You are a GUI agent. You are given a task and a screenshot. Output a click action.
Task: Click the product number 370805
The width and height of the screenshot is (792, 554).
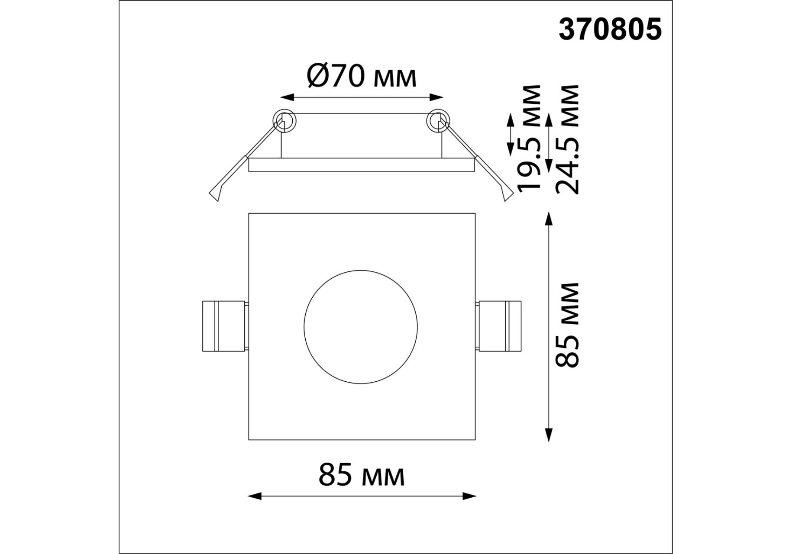(x=610, y=29)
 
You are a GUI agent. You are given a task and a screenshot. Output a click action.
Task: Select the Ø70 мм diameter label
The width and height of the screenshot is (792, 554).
(x=362, y=76)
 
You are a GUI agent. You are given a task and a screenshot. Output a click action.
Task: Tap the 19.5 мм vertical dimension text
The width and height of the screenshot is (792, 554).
(x=530, y=138)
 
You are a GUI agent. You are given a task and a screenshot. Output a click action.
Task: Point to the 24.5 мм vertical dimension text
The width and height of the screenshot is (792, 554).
(x=567, y=139)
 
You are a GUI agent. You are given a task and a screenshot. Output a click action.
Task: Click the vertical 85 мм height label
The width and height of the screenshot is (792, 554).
(x=567, y=325)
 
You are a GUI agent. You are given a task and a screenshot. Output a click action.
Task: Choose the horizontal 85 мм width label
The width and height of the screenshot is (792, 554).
(x=362, y=475)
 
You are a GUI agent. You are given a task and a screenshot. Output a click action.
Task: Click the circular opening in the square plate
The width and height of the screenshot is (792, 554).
(x=361, y=327)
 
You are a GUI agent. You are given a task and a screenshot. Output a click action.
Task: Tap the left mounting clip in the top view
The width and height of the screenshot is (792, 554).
(x=225, y=326)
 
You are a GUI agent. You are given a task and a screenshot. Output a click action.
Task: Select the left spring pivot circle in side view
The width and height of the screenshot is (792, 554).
(x=284, y=120)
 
